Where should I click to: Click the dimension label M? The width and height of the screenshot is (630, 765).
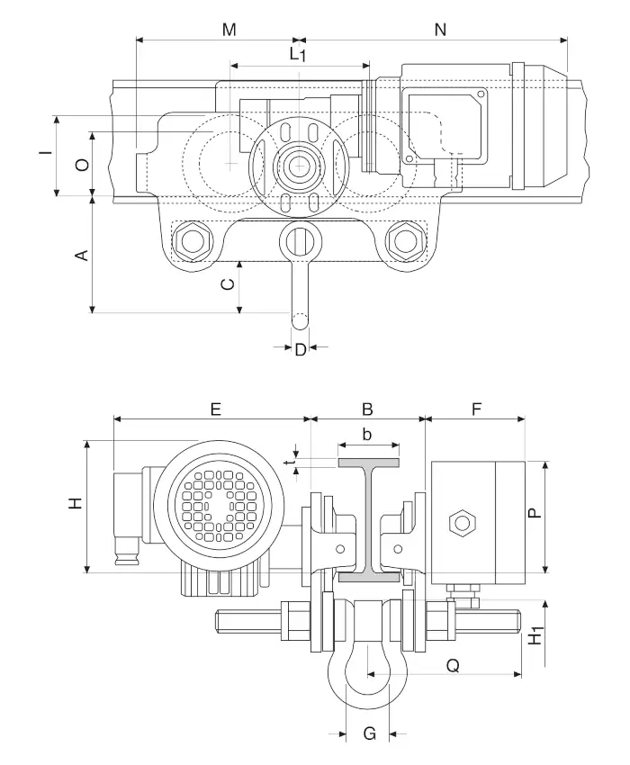click(229, 30)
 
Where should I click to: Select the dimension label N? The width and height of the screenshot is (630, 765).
click(440, 30)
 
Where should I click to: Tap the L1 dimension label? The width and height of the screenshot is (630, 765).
click(298, 54)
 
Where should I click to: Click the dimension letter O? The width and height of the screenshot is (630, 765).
click(80, 165)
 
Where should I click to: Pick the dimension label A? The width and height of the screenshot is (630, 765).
click(80, 255)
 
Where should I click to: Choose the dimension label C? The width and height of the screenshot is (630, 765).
click(229, 285)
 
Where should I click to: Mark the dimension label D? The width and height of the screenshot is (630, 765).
click(301, 350)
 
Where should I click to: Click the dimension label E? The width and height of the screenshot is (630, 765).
click(215, 409)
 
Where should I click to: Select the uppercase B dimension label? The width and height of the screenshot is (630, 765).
click(367, 409)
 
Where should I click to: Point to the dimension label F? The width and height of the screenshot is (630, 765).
click(476, 409)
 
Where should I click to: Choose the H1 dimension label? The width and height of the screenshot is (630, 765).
click(535, 635)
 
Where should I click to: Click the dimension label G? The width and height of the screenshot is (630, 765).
click(368, 734)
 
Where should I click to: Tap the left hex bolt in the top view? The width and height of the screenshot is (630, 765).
click(193, 241)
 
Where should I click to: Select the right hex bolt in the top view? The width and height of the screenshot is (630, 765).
click(404, 241)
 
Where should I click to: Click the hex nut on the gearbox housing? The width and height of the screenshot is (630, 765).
click(461, 522)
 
